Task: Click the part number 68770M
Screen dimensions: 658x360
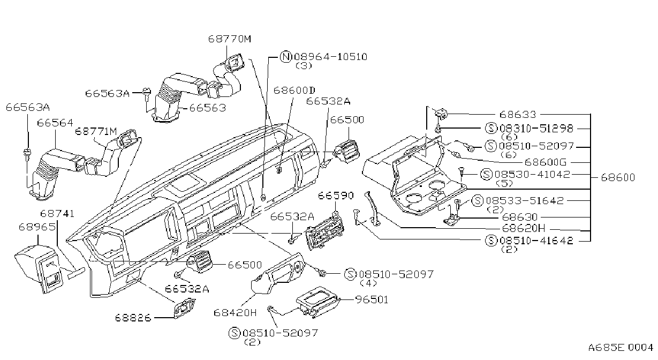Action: pos(230,39)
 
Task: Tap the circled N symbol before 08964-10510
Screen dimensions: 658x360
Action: pos(285,57)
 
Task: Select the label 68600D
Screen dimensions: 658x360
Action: pos(294,90)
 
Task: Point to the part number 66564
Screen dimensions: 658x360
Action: pos(55,123)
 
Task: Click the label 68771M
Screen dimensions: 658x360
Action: pos(96,131)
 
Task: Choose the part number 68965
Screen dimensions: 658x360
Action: pos(37,227)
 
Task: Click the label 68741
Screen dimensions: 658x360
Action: pos(57,213)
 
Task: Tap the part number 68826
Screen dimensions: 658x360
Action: pos(133,318)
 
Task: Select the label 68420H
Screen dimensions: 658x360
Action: pos(235,313)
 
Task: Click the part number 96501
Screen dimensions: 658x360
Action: pos(372,300)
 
